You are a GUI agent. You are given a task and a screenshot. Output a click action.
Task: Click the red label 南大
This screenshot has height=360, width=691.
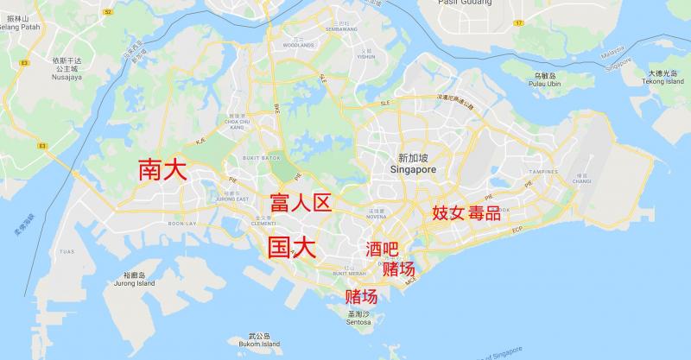(x=162, y=169)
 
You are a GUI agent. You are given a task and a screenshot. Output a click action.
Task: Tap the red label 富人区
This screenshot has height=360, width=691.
(x=301, y=204)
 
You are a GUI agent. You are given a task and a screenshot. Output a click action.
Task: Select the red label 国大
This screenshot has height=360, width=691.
(x=291, y=249)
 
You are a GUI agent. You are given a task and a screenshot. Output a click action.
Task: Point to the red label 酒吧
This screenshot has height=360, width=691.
(x=383, y=249)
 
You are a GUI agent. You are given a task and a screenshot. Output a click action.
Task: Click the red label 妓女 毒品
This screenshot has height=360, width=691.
(x=466, y=212)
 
